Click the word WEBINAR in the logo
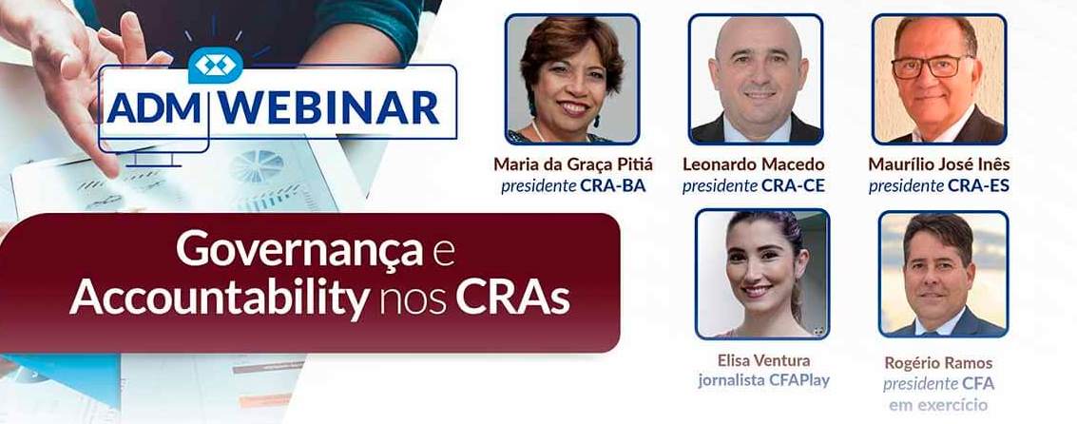pyautogui.click(x=330, y=108)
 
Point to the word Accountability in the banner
pyautogui.click(x=218, y=298)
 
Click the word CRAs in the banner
pyautogui.click(x=512, y=298)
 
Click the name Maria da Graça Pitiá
pyautogui.click(x=572, y=164)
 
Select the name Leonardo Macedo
pyautogui.click(x=754, y=164)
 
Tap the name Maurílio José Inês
pyautogui.click(x=938, y=164)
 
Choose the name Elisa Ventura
pyautogui.click(x=762, y=360)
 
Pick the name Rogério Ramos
pyautogui.click(x=938, y=362)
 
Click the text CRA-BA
pyautogui.click(x=613, y=185)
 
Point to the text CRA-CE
pyautogui.click(x=793, y=185)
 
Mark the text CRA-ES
pyautogui.click(x=978, y=185)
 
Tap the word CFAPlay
pyautogui.click(x=796, y=381)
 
